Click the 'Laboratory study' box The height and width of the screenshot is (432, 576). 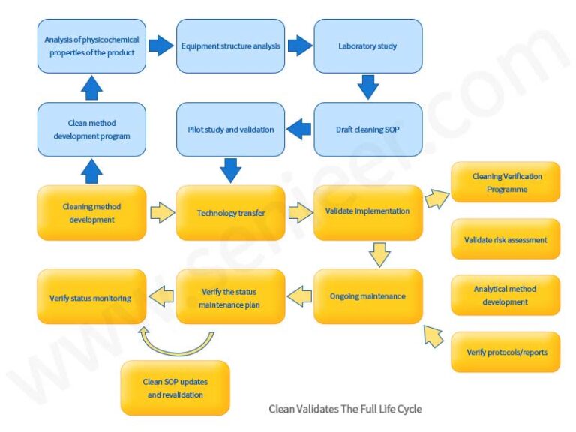pyautogui.click(x=367, y=46)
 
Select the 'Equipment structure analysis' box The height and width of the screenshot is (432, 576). pyautogui.click(x=230, y=46)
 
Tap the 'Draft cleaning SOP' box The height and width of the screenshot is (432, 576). pyautogui.click(x=367, y=129)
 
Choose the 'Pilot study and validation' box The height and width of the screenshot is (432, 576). pyautogui.click(x=230, y=129)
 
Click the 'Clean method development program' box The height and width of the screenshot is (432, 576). pyautogui.click(x=91, y=129)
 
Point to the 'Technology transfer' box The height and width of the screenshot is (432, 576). pyautogui.click(x=230, y=212)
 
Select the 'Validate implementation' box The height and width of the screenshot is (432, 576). pyautogui.click(x=367, y=212)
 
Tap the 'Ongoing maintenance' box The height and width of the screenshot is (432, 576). pyautogui.click(x=367, y=295)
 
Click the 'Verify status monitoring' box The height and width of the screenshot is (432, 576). pyautogui.click(x=91, y=297)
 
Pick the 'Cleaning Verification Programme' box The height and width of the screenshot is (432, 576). pyautogui.click(x=505, y=182)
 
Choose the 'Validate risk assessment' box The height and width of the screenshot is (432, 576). pyautogui.click(x=505, y=239)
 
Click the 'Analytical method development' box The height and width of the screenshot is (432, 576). pyautogui.click(x=505, y=295)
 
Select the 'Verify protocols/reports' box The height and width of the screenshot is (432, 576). pyautogui.click(x=505, y=352)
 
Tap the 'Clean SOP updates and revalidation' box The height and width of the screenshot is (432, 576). pyautogui.click(x=175, y=388)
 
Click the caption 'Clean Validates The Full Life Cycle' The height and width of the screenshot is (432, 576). pyautogui.click(x=345, y=409)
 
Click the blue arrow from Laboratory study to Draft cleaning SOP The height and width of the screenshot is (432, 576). pyautogui.click(x=368, y=87)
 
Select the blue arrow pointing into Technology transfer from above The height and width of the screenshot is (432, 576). pyautogui.click(x=230, y=170)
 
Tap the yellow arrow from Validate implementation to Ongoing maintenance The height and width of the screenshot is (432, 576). pyautogui.click(x=380, y=254)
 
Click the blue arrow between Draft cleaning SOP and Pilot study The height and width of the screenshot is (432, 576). pyautogui.click(x=299, y=129)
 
